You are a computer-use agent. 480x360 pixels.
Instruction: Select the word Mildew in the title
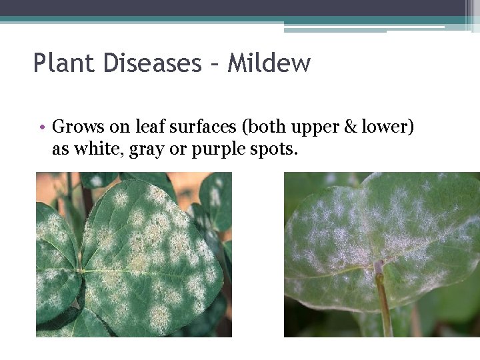pos(269,63)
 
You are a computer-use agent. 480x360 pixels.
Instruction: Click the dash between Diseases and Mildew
pos(215,65)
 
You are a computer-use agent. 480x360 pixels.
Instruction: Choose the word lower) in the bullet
pos(387,127)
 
